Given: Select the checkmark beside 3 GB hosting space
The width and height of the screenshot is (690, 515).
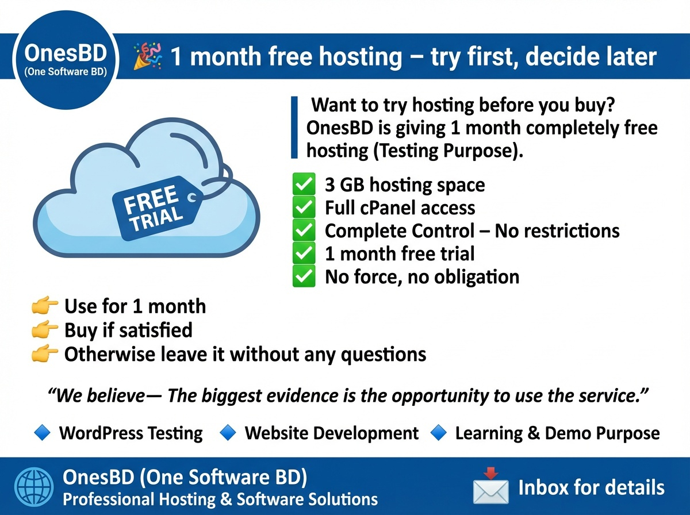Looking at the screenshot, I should [x=304, y=185].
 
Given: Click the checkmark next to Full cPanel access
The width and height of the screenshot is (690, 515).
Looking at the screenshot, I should [x=304, y=207].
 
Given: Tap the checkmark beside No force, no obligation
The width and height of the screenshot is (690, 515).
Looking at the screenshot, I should [x=304, y=276].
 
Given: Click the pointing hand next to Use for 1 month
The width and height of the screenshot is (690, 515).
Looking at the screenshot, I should [x=44, y=306].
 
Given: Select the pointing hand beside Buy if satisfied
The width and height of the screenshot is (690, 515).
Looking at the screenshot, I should [x=44, y=330].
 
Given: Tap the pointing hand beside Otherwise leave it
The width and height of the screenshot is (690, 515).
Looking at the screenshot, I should [x=44, y=354].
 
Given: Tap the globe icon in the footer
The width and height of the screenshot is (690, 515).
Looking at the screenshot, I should [x=32, y=487].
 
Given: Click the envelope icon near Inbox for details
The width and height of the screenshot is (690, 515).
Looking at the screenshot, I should [x=490, y=487].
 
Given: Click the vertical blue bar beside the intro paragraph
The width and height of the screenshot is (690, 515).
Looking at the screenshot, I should [x=294, y=128].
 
